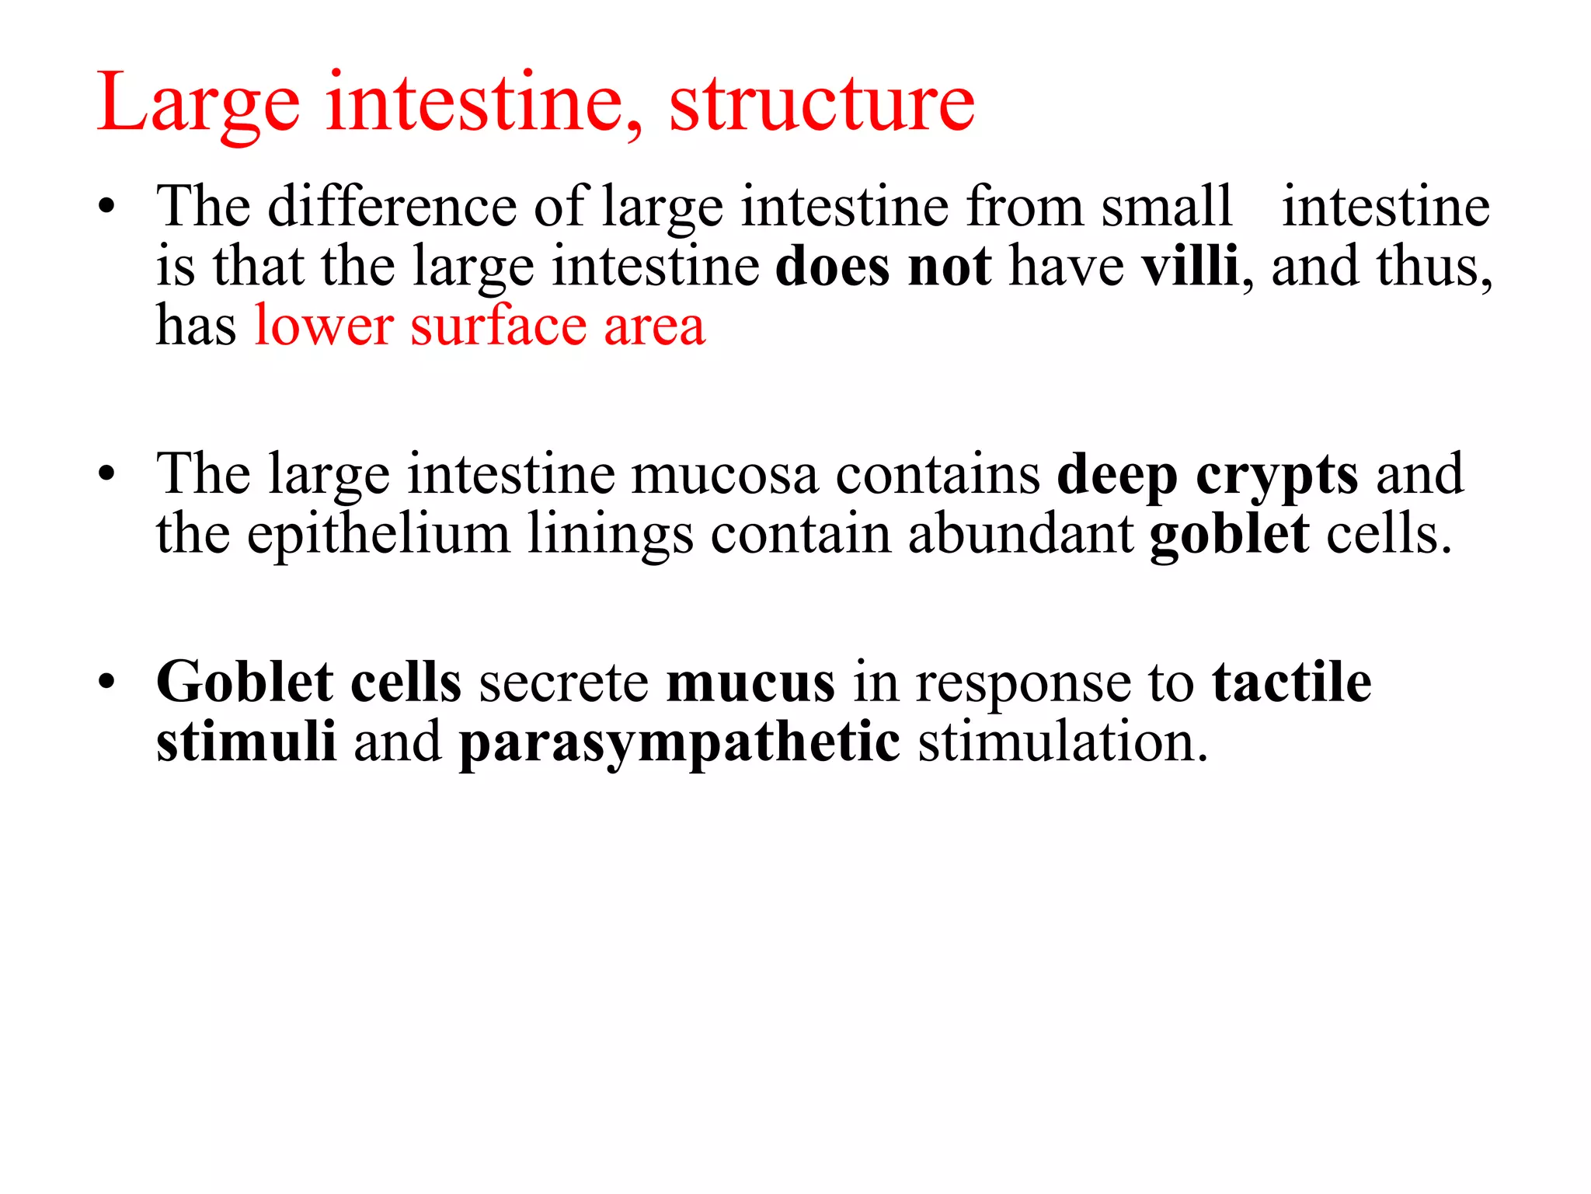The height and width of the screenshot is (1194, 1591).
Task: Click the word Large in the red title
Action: pyautogui.click(x=198, y=103)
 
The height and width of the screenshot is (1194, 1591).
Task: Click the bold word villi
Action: pyautogui.click(x=1189, y=267)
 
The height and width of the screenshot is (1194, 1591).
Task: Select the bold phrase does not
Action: pyautogui.click(x=883, y=267)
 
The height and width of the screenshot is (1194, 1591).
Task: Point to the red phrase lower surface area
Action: pyautogui.click(x=479, y=326)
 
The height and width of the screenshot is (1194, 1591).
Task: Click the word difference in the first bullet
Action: pyautogui.click(x=392, y=207)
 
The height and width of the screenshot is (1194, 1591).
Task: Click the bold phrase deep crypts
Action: pyautogui.click(x=1207, y=475)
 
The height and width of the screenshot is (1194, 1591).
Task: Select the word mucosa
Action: pyautogui.click(x=724, y=475)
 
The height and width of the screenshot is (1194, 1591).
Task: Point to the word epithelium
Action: pyautogui.click(x=378, y=535)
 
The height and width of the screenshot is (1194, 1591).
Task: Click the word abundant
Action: pyautogui.click(x=1020, y=535)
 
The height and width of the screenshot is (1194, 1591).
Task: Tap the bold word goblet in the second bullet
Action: pyautogui.click(x=1229, y=535)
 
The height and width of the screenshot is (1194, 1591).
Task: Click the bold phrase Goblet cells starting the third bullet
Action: pyautogui.click(x=308, y=683)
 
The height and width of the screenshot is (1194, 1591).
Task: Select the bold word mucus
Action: pyautogui.click(x=750, y=683)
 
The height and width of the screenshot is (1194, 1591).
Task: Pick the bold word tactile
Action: pyautogui.click(x=1291, y=683)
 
